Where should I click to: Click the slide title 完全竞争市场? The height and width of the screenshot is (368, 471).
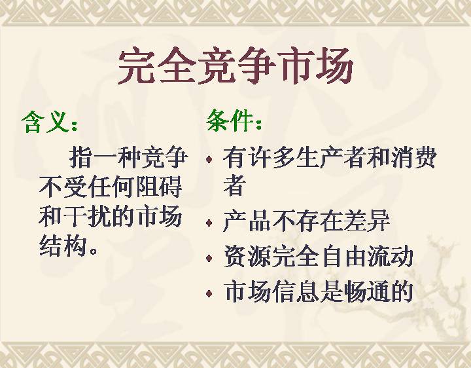pyautogui.click(x=235, y=66)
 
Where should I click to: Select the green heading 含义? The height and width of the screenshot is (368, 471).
pyautogui.click(x=46, y=122)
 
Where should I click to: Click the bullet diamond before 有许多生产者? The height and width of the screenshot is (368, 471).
pyautogui.click(x=209, y=158)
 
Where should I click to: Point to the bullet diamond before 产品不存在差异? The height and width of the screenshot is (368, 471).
pyautogui.click(x=209, y=223)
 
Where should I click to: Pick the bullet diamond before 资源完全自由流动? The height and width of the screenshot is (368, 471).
pyautogui.click(x=209, y=258)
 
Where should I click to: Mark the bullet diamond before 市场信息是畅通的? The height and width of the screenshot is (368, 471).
pyautogui.click(x=209, y=293)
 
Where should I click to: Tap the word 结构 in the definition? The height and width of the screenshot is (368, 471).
pyautogui.click(x=63, y=246)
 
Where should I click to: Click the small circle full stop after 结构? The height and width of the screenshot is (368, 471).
pyautogui.click(x=94, y=251)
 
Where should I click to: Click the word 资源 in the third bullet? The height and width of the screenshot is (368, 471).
pyautogui.click(x=247, y=257)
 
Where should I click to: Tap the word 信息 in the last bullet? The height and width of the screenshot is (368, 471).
pyautogui.click(x=296, y=291)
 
